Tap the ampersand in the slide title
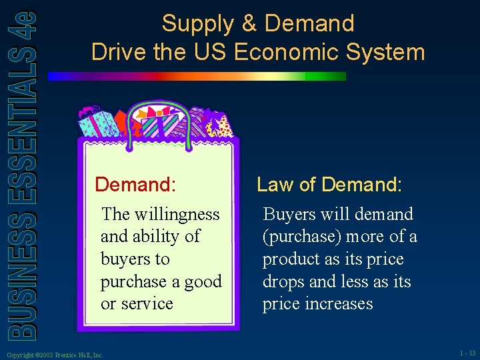[x=248, y=24]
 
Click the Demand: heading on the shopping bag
[x=135, y=184]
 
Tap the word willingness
[x=177, y=214]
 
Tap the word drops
[x=283, y=282]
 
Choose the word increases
[x=345, y=304]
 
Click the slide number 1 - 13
[x=467, y=353]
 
